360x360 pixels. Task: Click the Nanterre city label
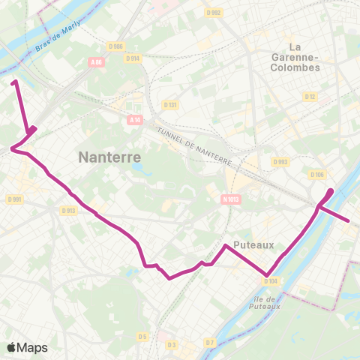point(110,157)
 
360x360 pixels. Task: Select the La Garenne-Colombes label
point(294,57)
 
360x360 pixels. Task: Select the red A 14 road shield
point(134,119)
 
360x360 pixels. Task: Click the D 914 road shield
point(133,58)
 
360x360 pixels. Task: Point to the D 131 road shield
point(171,105)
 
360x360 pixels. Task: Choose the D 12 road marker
point(310,96)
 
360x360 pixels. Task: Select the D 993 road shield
point(280,161)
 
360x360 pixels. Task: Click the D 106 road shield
point(316,175)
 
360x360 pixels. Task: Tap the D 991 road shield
point(14,199)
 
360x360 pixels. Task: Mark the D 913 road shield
point(68,211)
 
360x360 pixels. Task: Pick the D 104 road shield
point(271,281)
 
